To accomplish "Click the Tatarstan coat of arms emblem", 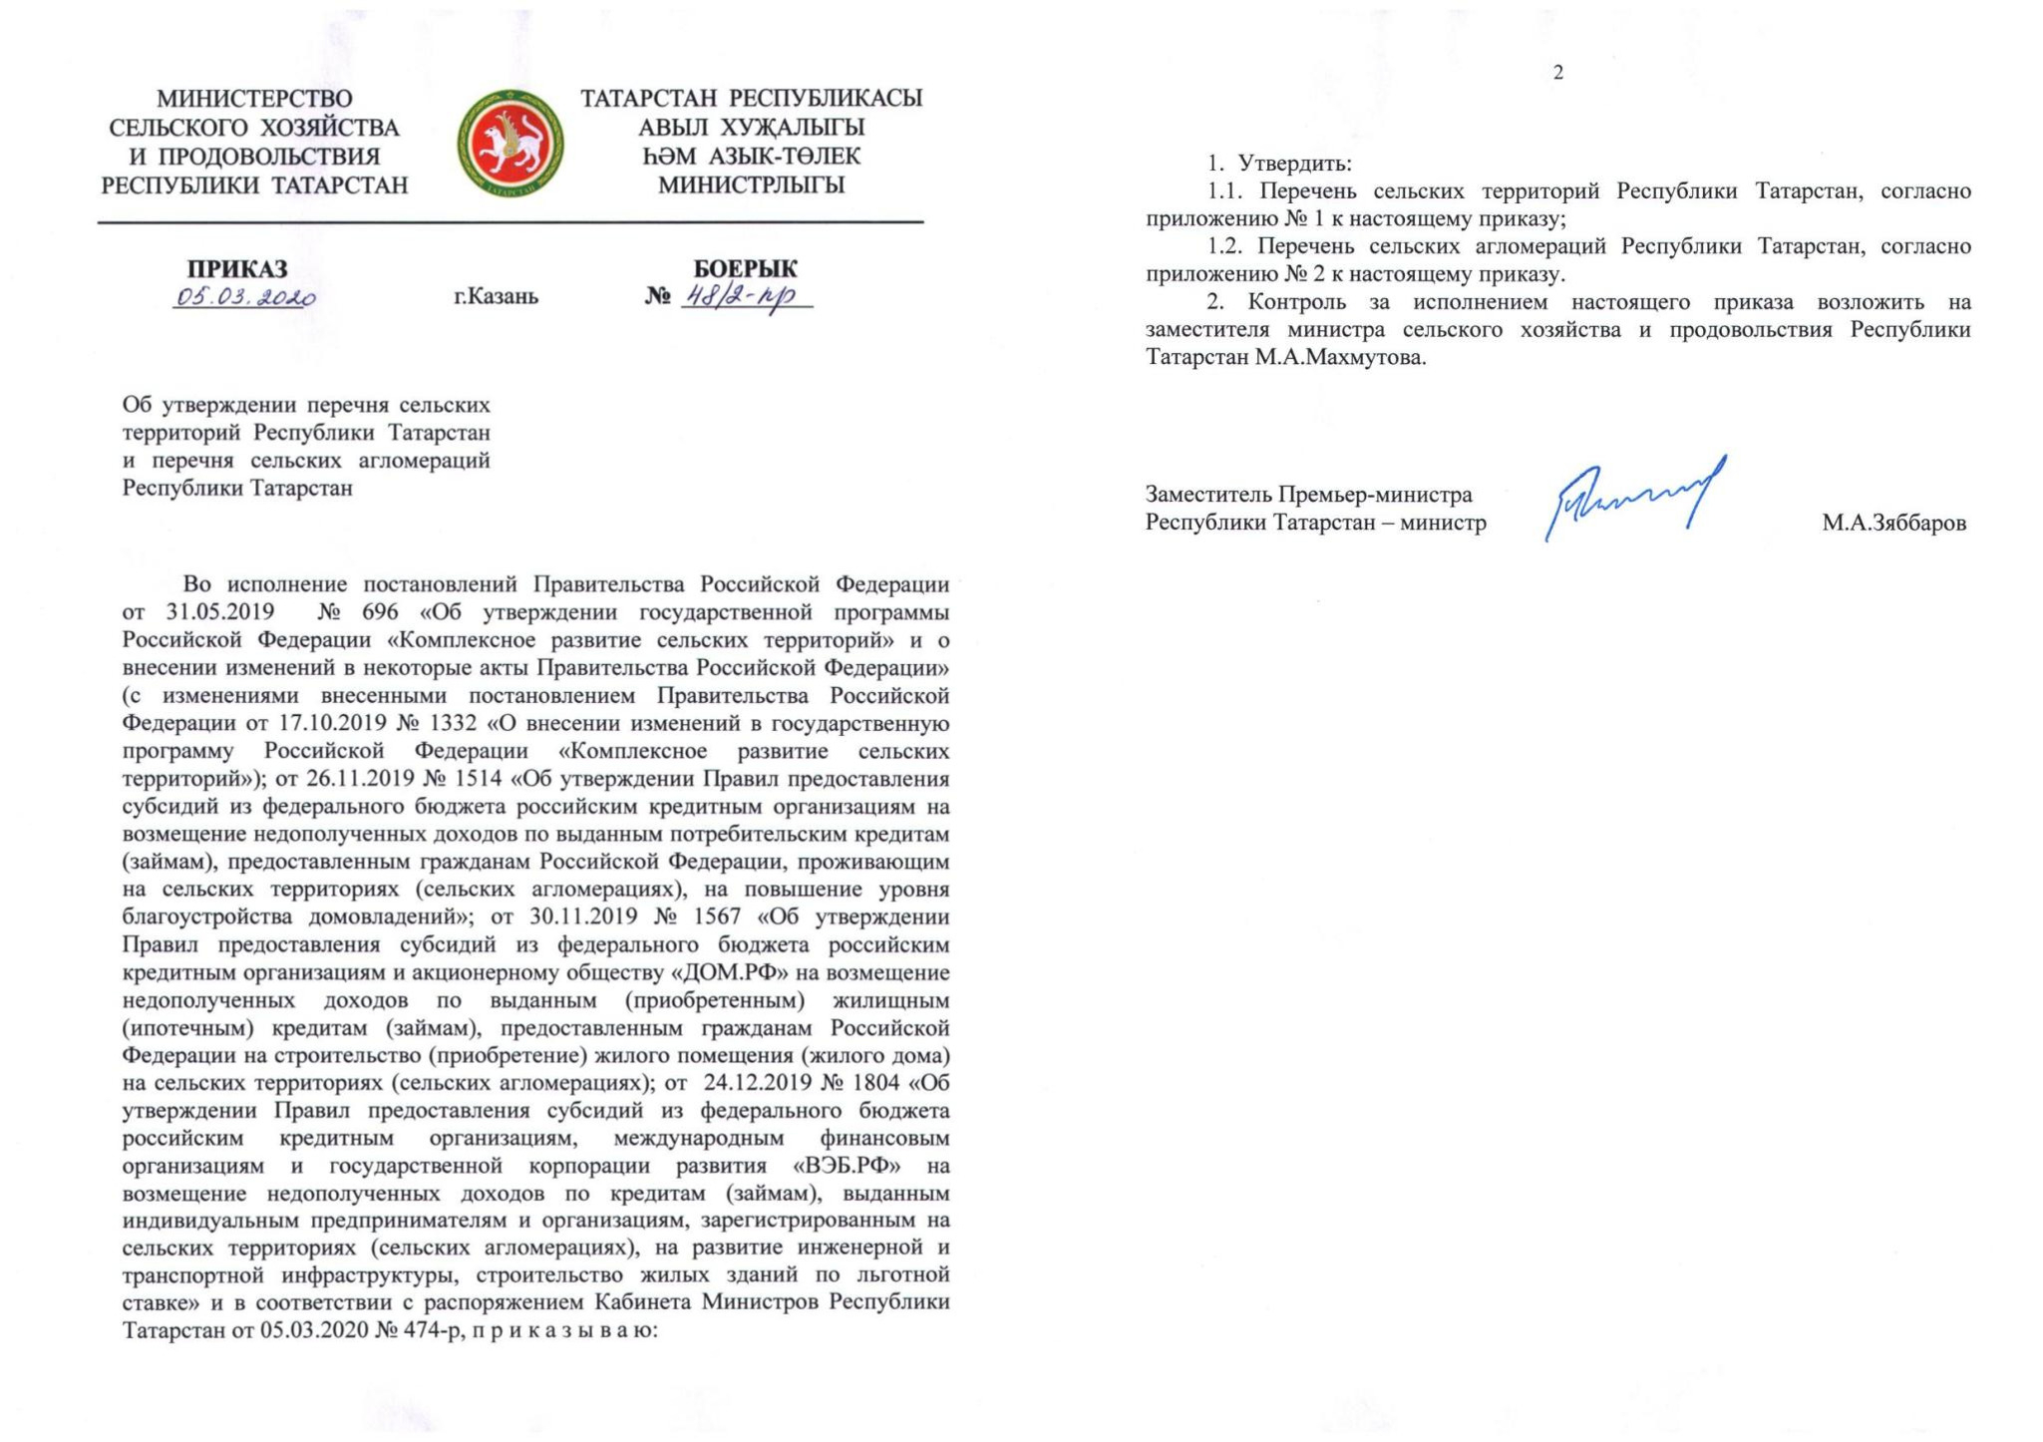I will [x=510, y=143].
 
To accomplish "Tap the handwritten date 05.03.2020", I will [x=245, y=297].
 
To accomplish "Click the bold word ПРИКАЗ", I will [x=237, y=269].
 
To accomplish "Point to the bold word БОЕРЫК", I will [x=746, y=269].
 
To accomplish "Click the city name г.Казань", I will [x=496, y=297].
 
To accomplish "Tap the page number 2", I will [x=1558, y=73].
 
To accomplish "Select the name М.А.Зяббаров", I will [x=1893, y=524].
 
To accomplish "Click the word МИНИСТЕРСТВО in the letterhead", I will [x=254, y=99].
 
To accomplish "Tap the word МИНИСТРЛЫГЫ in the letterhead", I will [x=751, y=185].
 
